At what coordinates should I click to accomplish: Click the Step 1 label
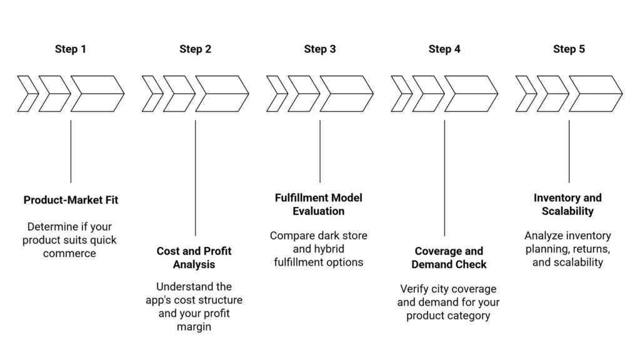(71, 49)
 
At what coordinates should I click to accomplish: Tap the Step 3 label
(320, 49)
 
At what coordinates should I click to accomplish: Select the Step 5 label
(569, 49)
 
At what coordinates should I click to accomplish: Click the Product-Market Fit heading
(71, 200)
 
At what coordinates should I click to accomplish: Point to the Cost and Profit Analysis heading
(194, 257)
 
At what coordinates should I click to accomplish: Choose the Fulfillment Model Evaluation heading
(319, 204)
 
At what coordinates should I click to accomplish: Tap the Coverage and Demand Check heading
(448, 257)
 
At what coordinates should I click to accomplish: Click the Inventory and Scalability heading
(567, 204)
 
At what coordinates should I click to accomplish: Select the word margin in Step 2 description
(194, 327)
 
